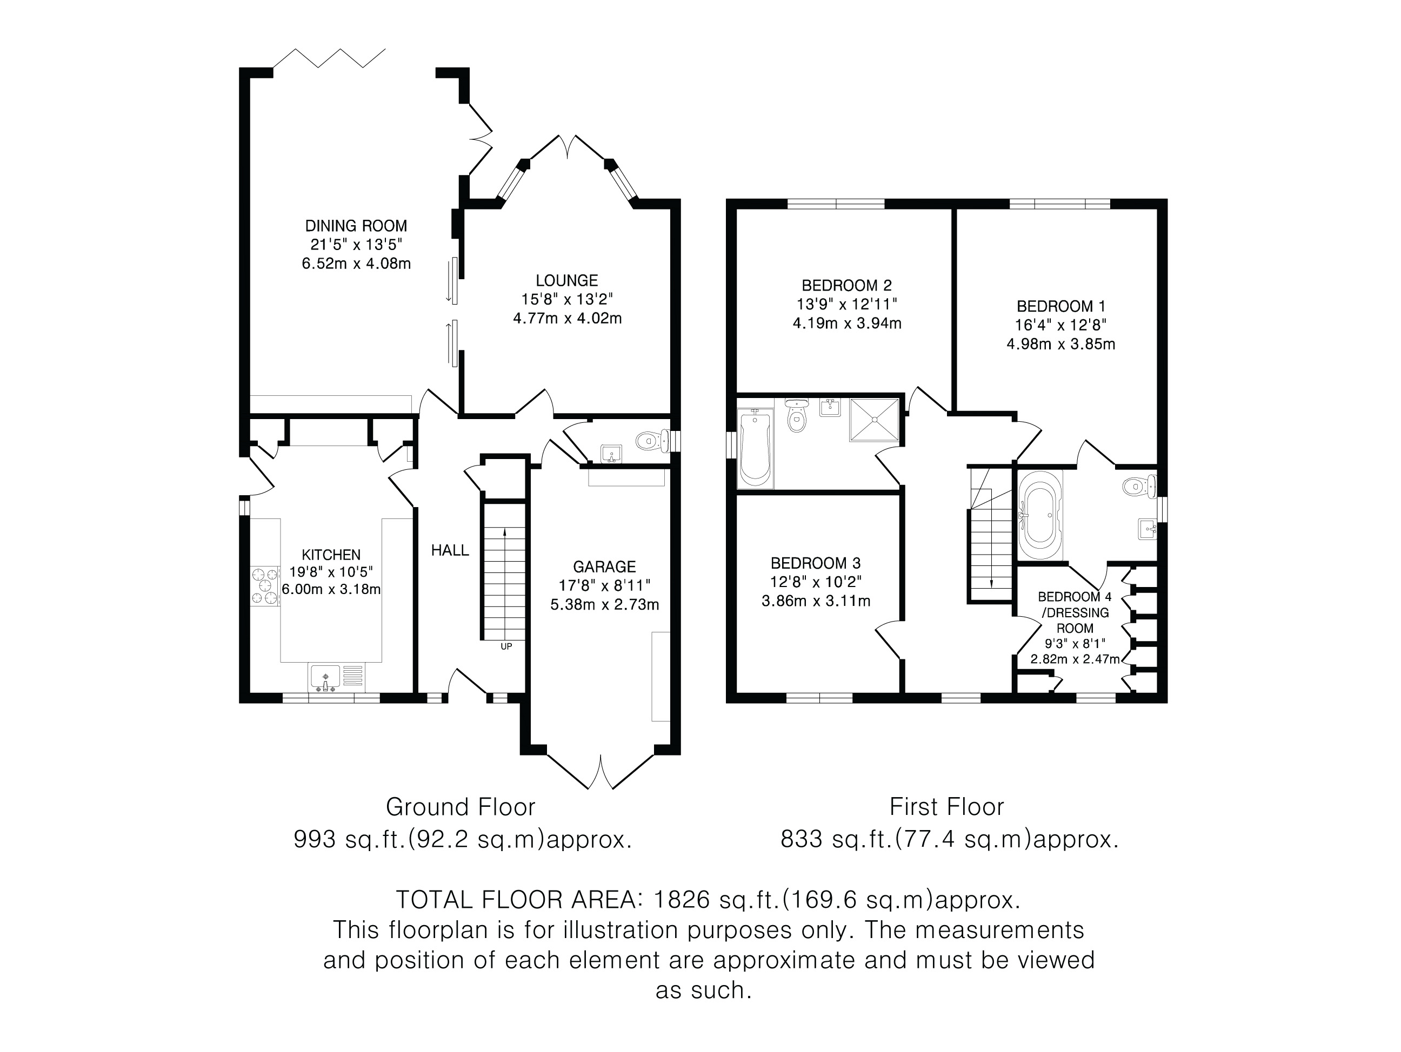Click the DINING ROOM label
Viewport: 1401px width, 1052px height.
[356, 226]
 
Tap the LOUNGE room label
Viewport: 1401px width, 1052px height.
[566, 280]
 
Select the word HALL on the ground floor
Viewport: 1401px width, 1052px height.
[450, 551]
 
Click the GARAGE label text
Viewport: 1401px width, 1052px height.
[604, 567]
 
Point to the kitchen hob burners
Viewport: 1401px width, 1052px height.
[265, 586]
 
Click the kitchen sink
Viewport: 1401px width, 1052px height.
[337, 677]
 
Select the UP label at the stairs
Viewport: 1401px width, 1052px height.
[506, 646]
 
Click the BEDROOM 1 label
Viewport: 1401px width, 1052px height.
[1060, 306]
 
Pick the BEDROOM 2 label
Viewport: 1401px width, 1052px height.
[846, 286]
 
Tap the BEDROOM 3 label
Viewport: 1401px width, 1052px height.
[815, 563]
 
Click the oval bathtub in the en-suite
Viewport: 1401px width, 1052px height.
[1040, 515]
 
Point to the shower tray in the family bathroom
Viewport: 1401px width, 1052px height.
[873, 419]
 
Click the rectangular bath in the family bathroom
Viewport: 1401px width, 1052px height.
[755, 448]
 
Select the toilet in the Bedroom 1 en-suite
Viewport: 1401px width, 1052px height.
[1139, 487]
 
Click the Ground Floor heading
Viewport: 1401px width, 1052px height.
[461, 807]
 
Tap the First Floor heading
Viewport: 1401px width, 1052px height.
[946, 807]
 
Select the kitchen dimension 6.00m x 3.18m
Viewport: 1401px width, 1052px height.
[331, 590]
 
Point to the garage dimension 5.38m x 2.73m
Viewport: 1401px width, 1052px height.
[604, 604]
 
